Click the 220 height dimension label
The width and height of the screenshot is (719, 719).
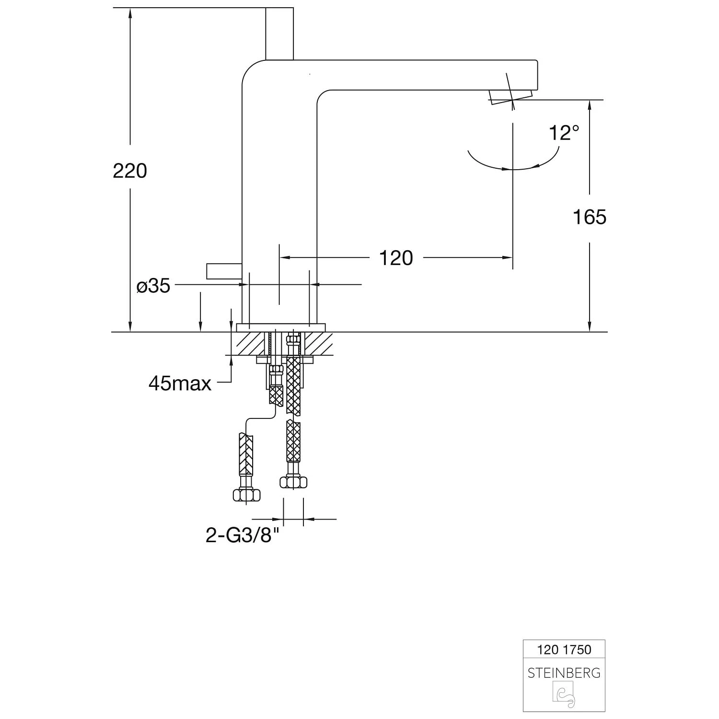[x=130, y=171]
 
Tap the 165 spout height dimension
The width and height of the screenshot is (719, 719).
[x=590, y=217]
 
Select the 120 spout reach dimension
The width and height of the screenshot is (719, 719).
[x=396, y=258]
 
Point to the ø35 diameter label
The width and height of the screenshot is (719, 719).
[x=153, y=286]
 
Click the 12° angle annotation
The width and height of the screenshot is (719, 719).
[x=564, y=133]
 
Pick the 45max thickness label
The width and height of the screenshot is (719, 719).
[x=180, y=383]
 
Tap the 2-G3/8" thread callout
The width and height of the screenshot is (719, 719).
[x=242, y=535]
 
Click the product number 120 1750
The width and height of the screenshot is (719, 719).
[x=564, y=649]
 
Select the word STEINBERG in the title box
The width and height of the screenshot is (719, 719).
[x=564, y=673]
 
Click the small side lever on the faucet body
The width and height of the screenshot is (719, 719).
[x=223, y=271]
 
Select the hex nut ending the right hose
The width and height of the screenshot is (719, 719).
[x=293, y=482]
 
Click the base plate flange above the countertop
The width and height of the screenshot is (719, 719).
[x=281, y=328]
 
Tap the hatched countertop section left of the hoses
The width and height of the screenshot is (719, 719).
[x=249, y=343]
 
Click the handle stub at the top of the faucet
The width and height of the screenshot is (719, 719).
[x=279, y=34]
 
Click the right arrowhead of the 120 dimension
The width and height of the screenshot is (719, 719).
[x=508, y=258]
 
